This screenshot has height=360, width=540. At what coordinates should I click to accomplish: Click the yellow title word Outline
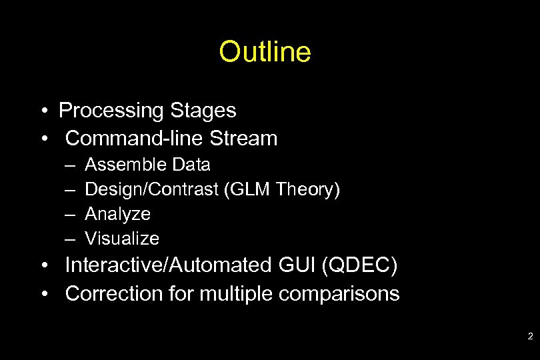coord(265,52)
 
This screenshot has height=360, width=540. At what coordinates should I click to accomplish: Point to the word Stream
coord(243,139)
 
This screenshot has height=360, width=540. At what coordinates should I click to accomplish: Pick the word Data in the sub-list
coord(191,165)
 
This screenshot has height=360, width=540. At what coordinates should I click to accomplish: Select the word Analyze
coord(118,214)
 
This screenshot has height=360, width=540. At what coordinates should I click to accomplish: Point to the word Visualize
coord(123,239)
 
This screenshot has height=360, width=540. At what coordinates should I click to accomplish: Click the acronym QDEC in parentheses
coord(361,265)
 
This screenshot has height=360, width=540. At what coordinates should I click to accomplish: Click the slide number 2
coord(530,337)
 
